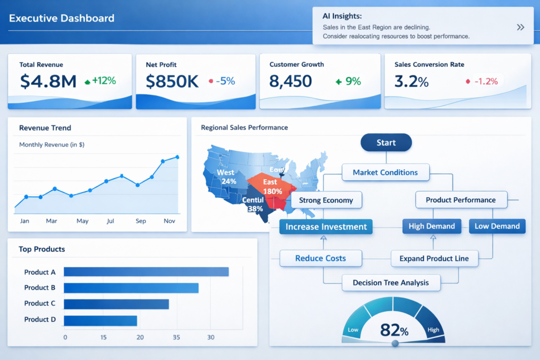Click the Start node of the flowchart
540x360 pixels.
[386, 143]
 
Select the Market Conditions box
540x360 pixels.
[385, 172]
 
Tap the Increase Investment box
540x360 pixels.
[326, 227]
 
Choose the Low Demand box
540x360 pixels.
[497, 226]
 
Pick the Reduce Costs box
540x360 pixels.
[321, 258]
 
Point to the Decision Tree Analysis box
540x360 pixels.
[391, 283]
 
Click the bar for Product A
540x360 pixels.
[146, 272]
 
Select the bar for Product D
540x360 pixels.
[100, 320]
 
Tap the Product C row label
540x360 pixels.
[40, 303]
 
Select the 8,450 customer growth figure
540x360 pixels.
[291, 81]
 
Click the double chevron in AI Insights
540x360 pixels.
[520, 27]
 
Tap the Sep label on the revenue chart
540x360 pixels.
[141, 221]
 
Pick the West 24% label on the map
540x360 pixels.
[227, 177]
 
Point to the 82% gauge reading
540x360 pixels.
[394, 330]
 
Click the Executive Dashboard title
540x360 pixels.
[62, 18]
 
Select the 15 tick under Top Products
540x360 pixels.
[103, 337]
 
